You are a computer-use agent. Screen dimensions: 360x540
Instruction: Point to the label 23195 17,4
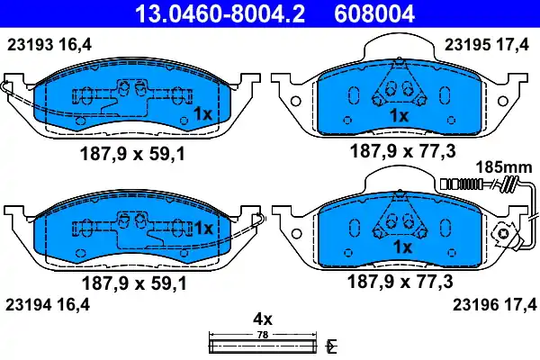click(x=488, y=42)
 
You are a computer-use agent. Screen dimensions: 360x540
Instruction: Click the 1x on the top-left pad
click(x=202, y=113)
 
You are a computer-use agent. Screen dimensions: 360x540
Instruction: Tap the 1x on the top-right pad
click(x=399, y=116)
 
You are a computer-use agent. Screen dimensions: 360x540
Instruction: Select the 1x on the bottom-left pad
click(x=202, y=229)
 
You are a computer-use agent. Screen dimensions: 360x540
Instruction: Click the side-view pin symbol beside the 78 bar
click(x=332, y=346)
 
